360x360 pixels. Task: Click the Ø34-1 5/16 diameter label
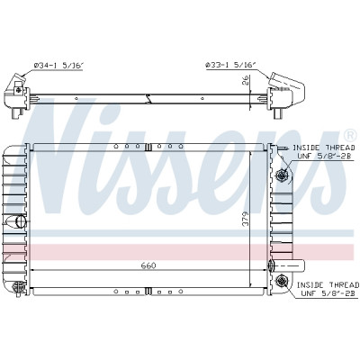tap(58, 66)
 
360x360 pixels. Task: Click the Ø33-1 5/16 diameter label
tap(230, 65)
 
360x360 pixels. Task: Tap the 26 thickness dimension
tap(246, 80)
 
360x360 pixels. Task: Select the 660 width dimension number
tap(148, 265)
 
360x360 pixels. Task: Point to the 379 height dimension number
tap(246, 219)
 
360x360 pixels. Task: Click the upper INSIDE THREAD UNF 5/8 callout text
tap(324, 152)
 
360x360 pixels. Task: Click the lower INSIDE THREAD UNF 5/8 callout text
tap(328, 289)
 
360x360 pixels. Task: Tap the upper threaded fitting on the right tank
tap(282, 175)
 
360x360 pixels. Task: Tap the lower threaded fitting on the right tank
tap(282, 281)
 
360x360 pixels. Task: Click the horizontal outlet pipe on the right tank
tap(290, 265)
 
